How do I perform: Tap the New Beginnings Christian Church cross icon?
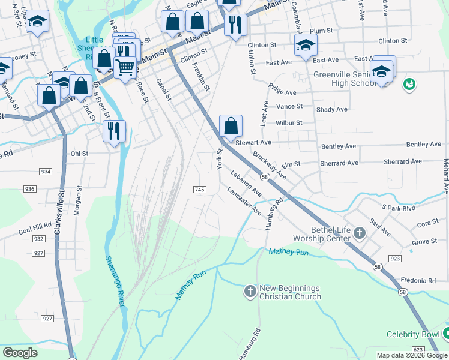coord(250,292)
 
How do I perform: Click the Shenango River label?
coord(115,281)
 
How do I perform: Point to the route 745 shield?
coord(200,189)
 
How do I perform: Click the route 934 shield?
coord(46,171)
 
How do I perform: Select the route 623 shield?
coord(418,349)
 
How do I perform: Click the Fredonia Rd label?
coord(420,280)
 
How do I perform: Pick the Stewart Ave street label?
coord(253,143)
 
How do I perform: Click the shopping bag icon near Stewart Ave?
coord(231,127)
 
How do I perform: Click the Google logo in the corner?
coord(20,352)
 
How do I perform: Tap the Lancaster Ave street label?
coord(244,201)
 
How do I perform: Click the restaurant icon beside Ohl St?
coord(113,131)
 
